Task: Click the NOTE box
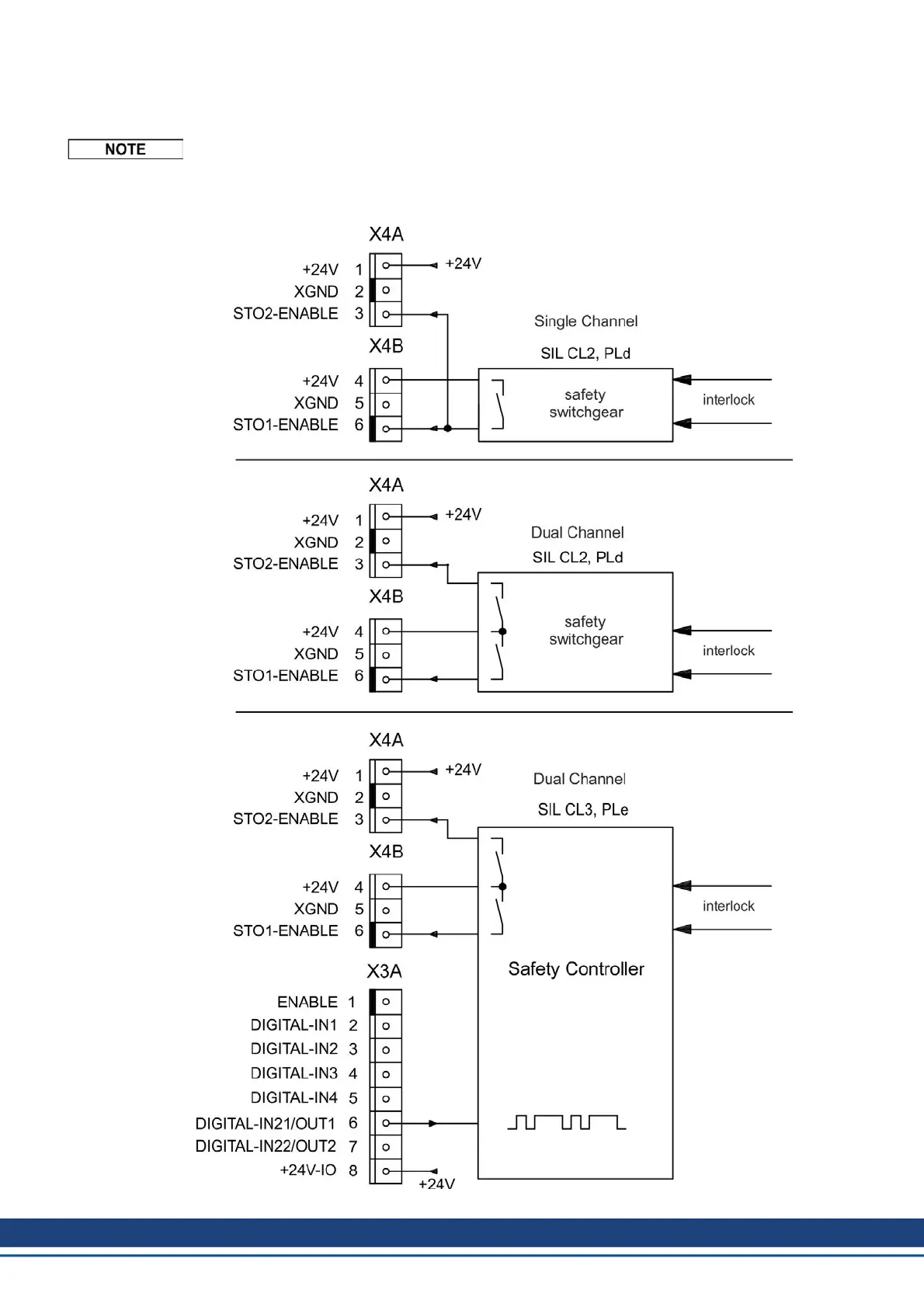125,149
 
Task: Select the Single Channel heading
585,322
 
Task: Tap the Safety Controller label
576,969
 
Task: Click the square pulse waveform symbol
566,1122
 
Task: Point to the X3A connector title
384,972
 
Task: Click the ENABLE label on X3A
307,1002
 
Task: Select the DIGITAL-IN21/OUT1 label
266,1124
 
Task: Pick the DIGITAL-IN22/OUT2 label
266,1146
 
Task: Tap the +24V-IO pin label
308,1170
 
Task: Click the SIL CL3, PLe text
583,810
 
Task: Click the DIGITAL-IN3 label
294,1073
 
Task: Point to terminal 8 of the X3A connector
386,1171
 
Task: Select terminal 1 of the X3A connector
386,1002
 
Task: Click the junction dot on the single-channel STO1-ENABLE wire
447,428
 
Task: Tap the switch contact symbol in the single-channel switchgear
499,405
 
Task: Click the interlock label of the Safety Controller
728,906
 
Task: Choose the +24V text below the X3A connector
436,1184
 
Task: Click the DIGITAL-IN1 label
294,1025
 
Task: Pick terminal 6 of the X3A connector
386,1123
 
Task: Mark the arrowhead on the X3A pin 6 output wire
433,1123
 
